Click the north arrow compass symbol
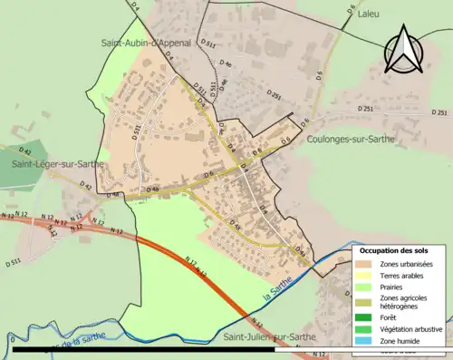coord(405,49)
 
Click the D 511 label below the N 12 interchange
coord(14,262)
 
